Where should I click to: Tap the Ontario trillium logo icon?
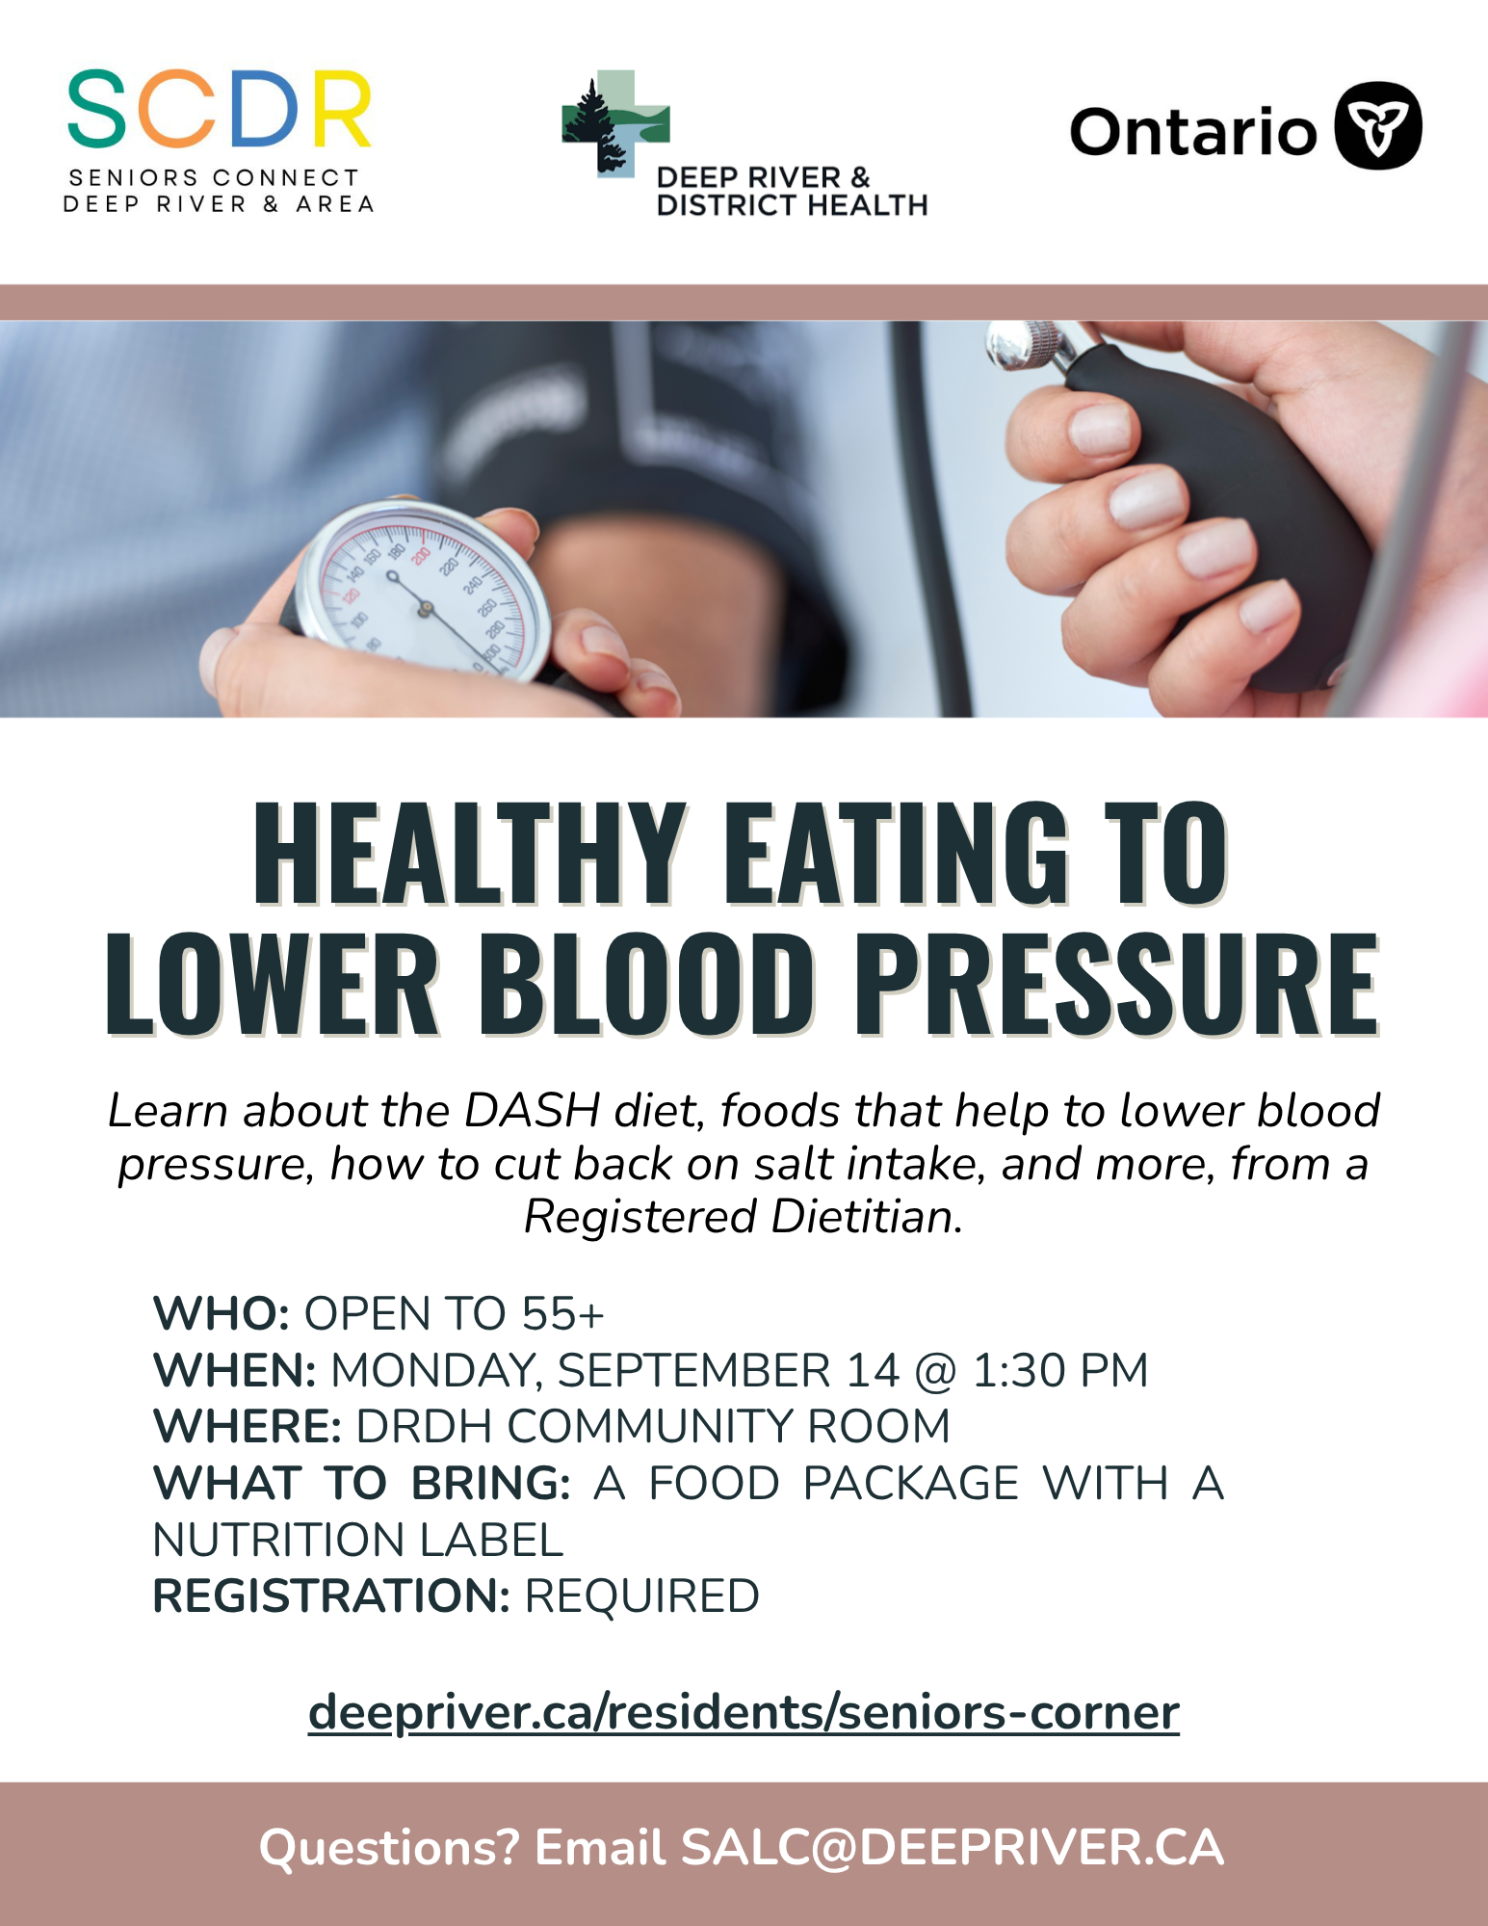click(1377, 125)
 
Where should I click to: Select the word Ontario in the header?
click(1193, 131)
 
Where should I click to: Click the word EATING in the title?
click(896, 854)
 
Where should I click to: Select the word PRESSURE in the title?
click(1117, 984)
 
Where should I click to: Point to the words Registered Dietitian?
click(743, 1217)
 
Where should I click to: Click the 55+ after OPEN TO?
click(562, 1314)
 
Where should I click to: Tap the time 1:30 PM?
click(1060, 1371)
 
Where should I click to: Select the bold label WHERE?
click(248, 1427)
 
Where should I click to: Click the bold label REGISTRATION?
click(331, 1596)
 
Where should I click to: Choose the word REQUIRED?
click(641, 1596)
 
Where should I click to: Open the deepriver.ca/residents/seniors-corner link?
click(744, 1713)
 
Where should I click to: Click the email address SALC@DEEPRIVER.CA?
click(953, 1848)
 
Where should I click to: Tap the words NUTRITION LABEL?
click(358, 1540)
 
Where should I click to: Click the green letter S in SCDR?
click(96, 108)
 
